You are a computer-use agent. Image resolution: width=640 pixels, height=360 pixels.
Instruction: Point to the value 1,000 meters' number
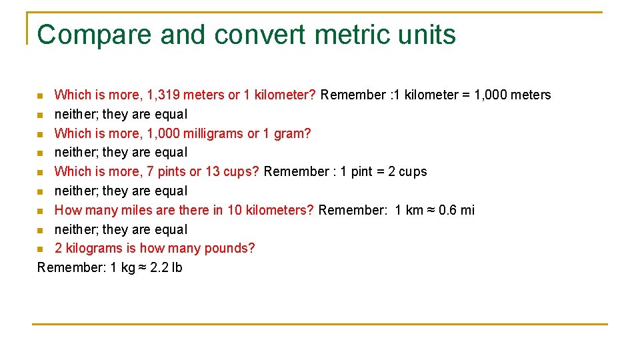(x=491, y=95)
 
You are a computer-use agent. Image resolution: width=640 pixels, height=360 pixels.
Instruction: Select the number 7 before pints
(x=150, y=171)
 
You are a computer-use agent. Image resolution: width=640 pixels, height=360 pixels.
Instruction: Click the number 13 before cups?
(x=213, y=171)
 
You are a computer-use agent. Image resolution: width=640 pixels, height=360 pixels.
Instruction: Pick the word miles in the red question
(x=127, y=210)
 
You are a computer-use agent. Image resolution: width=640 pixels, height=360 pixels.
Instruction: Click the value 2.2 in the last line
(x=159, y=267)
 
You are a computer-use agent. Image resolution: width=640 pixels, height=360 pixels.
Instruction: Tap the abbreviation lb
(x=177, y=267)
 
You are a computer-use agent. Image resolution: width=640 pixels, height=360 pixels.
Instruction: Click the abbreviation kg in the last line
(x=128, y=267)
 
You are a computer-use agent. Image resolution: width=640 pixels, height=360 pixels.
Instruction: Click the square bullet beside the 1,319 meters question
(x=41, y=95)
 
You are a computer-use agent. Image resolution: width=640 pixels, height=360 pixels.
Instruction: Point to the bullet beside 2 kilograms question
(x=41, y=249)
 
